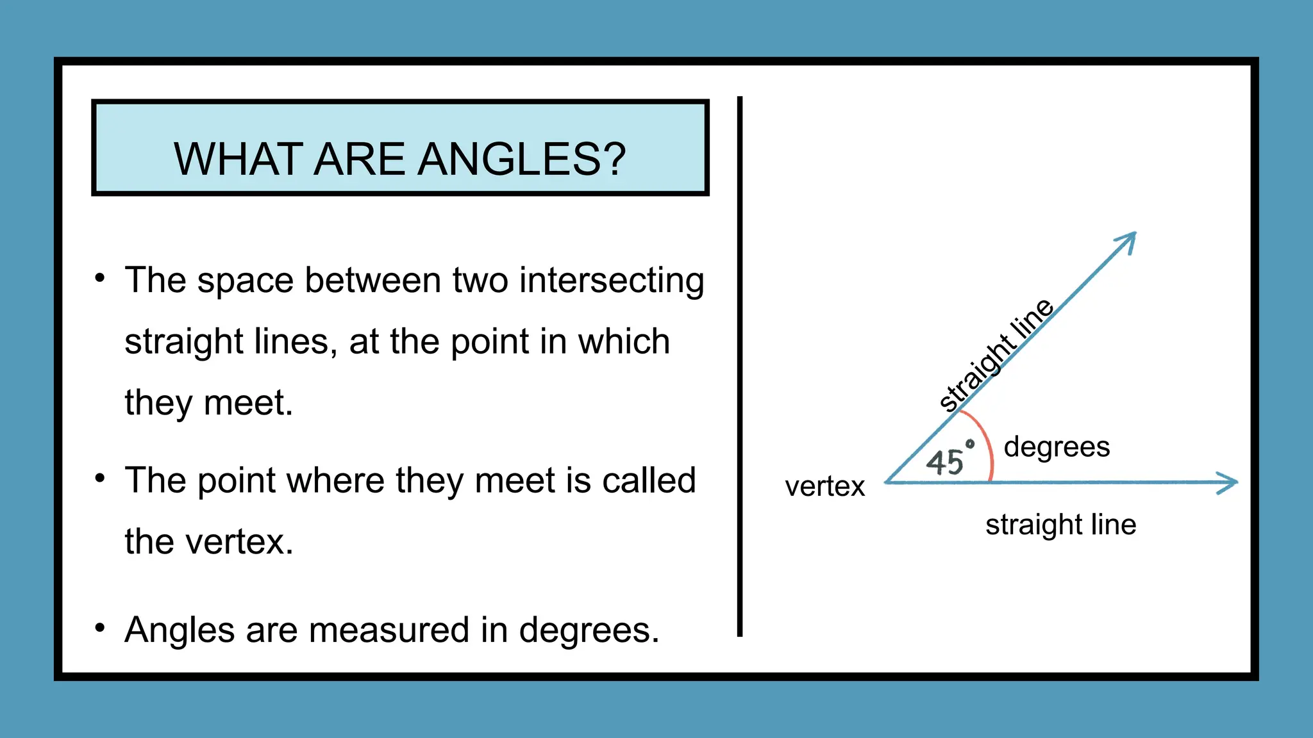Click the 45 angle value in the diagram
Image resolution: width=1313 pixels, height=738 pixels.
click(x=944, y=462)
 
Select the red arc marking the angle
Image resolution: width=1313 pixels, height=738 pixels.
click(x=986, y=443)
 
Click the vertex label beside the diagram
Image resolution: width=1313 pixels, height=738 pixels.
click(x=824, y=487)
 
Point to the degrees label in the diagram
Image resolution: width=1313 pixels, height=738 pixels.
click(x=1057, y=447)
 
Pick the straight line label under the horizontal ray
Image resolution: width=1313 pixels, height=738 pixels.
click(x=1060, y=525)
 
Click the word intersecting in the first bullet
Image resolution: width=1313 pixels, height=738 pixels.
click(x=612, y=281)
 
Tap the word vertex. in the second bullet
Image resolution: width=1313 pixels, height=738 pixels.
click(x=239, y=542)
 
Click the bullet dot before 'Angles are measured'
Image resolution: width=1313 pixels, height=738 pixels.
click(x=99, y=627)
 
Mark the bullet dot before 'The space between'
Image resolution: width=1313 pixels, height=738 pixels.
click(x=99, y=278)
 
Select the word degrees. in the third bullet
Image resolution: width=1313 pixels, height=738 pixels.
click(x=589, y=630)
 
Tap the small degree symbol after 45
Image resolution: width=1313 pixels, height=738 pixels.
click(x=970, y=443)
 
